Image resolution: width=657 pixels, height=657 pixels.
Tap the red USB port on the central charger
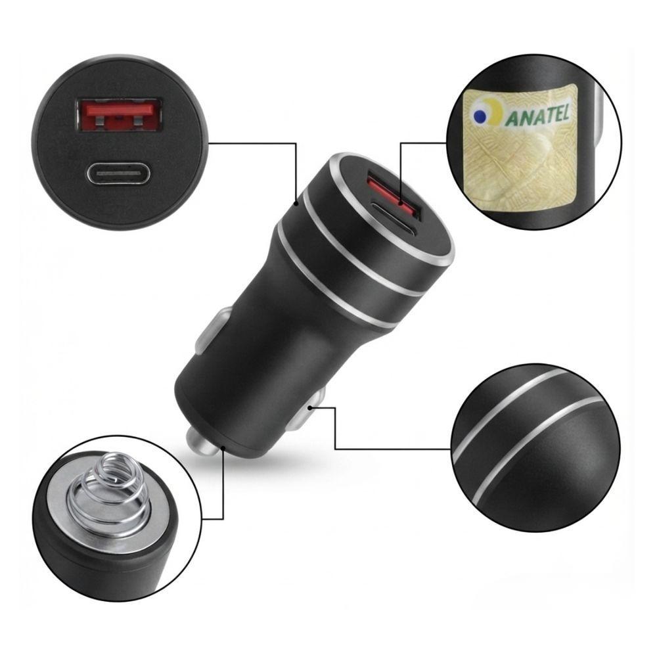pyautogui.click(x=394, y=194)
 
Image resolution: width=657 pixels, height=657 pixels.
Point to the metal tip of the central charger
pyautogui.click(x=202, y=442)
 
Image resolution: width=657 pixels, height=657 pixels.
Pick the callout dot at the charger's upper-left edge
pyautogui.click(x=296, y=204)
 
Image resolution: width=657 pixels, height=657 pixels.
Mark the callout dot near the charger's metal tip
pyautogui.click(x=223, y=448)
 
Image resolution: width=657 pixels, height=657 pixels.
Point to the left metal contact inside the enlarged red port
pyautogui.click(x=99, y=121)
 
